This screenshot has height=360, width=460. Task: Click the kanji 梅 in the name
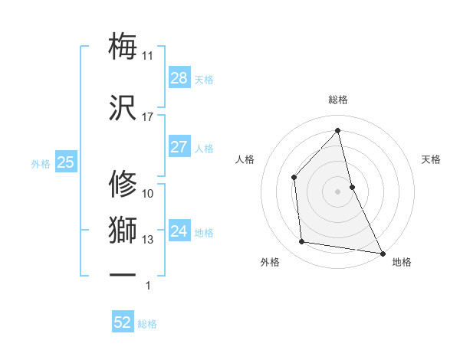pyautogui.click(x=123, y=46)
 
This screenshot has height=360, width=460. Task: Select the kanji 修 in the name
pyautogui.click(x=123, y=184)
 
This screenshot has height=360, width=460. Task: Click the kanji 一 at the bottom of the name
pyautogui.click(x=123, y=274)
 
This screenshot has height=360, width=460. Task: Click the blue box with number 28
pyautogui.click(x=179, y=78)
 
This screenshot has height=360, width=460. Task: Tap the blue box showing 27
pyautogui.click(x=179, y=147)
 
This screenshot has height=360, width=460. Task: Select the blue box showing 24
pyautogui.click(x=179, y=231)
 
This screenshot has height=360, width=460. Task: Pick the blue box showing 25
pyautogui.click(x=65, y=162)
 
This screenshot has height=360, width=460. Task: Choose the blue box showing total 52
pyautogui.click(x=123, y=322)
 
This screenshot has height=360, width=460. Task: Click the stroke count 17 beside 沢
pyautogui.click(x=147, y=117)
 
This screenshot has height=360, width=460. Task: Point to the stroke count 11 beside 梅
pyautogui.click(x=147, y=56)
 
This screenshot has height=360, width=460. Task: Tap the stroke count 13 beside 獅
pyautogui.click(x=147, y=240)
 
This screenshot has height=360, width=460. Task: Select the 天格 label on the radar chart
pyautogui.click(x=432, y=159)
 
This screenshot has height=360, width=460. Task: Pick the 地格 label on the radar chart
pyautogui.click(x=402, y=262)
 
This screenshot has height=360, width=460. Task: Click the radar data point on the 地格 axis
pyautogui.click(x=382, y=252)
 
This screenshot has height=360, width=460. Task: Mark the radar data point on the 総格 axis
pyautogui.click(x=338, y=130)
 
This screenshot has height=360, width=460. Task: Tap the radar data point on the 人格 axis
pyautogui.click(x=294, y=177)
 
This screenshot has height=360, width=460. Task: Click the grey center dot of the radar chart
pyautogui.click(x=338, y=191)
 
